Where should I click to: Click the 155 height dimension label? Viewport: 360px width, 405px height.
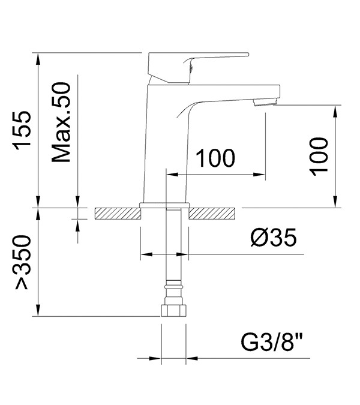pyautogui.click(x=22, y=131)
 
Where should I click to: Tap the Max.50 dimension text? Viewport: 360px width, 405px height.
pyautogui.click(x=61, y=122)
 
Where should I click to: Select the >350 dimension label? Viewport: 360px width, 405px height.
pyautogui.click(x=23, y=262)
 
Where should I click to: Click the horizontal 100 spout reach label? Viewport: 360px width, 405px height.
pyautogui.click(x=215, y=158)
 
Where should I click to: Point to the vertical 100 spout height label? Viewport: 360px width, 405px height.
pyautogui.click(x=319, y=157)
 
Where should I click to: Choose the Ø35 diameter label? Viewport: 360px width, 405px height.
pyautogui.click(x=274, y=238)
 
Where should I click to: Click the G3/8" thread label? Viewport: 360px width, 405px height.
pyautogui.click(x=271, y=342)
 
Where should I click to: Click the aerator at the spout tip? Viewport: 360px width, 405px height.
pyautogui.click(x=265, y=103)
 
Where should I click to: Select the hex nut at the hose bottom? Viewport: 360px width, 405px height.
pyautogui.click(x=173, y=310)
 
